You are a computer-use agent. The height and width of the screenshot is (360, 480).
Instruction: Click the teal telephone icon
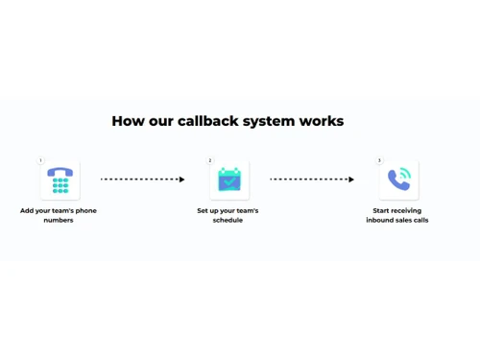tap(60, 180)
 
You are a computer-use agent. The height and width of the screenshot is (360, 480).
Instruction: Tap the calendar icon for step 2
tap(229, 180)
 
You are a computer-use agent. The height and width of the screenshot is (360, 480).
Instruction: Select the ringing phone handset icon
tap(398, 180)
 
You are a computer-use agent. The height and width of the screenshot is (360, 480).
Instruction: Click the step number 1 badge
tap(40, 160)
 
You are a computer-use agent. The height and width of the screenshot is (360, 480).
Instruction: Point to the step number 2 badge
tap(210, 160)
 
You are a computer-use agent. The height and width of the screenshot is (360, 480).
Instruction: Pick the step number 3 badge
tap(379, 160)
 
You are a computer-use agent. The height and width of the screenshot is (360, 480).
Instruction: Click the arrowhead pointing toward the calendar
tap(181, 180)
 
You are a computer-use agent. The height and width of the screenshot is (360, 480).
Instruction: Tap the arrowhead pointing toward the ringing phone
tap(351, 180)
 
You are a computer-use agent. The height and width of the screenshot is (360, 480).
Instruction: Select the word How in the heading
tap(127, 122)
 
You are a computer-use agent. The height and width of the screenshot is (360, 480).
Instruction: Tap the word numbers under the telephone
tap(59, 220)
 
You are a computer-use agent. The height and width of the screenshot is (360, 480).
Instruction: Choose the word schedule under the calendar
tap(228, 220)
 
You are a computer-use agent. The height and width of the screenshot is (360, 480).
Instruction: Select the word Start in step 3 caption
tap(383, 210)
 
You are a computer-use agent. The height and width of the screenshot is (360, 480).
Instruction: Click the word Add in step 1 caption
tap(27, 210)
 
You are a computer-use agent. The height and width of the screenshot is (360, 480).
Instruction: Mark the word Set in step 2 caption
tap(203, 210)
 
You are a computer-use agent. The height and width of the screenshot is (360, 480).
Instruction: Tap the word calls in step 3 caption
tap(420, 220)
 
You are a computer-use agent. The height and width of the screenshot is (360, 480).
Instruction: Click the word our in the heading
tap(156, 122)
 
